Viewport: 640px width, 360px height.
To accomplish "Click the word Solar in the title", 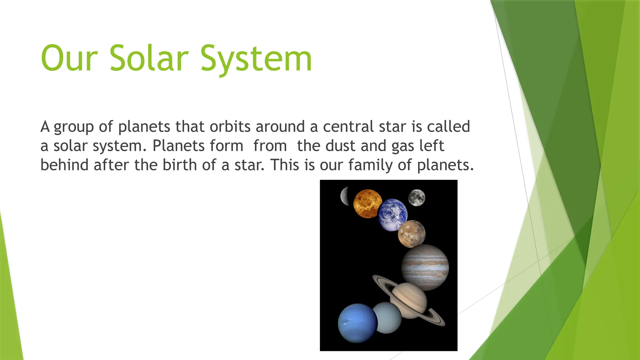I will [149, 58].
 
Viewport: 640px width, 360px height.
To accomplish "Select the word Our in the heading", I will [69, 58].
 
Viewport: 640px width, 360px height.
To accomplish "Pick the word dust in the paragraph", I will [340, 146].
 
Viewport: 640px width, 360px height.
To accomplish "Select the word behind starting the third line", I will [64, 165].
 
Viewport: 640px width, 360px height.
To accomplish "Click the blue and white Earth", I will [392, 215].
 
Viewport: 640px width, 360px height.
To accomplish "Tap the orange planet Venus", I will [367, 203].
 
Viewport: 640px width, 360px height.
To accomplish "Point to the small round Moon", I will [417, 198].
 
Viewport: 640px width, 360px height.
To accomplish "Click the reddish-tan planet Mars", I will [412, 234].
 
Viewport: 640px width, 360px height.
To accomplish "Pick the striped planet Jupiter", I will [425, 267].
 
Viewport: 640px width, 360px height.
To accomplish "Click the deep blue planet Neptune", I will [357, 323].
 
